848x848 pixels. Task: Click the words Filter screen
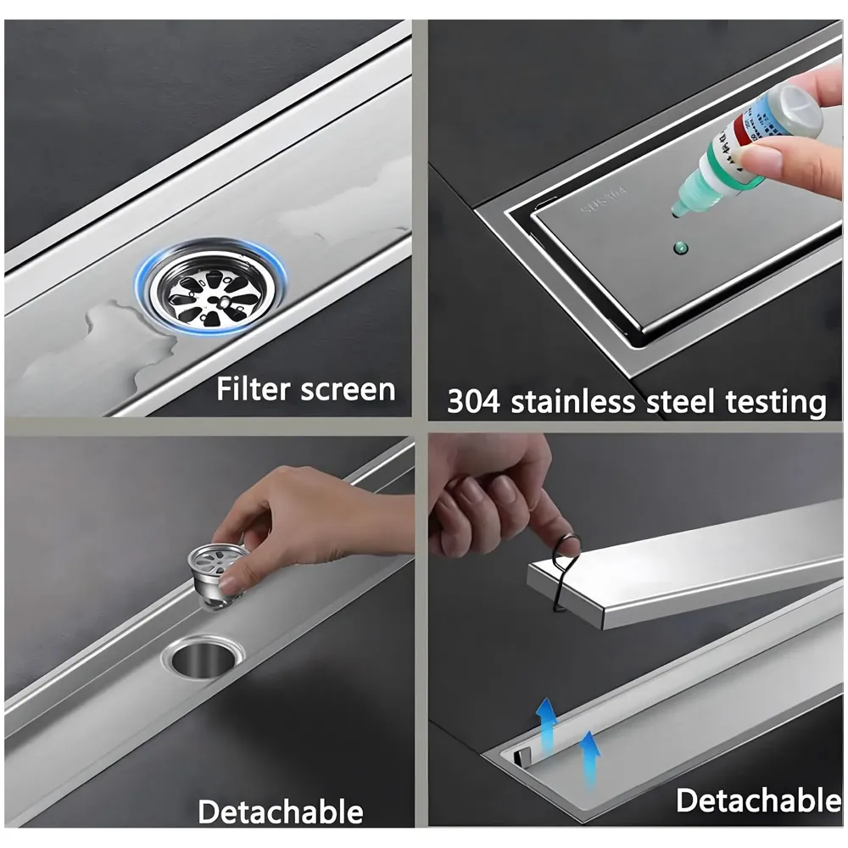305,389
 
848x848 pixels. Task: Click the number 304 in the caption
468,402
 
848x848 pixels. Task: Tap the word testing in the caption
773,403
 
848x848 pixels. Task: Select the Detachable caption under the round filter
280,812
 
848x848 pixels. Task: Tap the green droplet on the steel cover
678,248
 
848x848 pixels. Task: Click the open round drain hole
206,656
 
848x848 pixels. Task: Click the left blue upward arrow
547,723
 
